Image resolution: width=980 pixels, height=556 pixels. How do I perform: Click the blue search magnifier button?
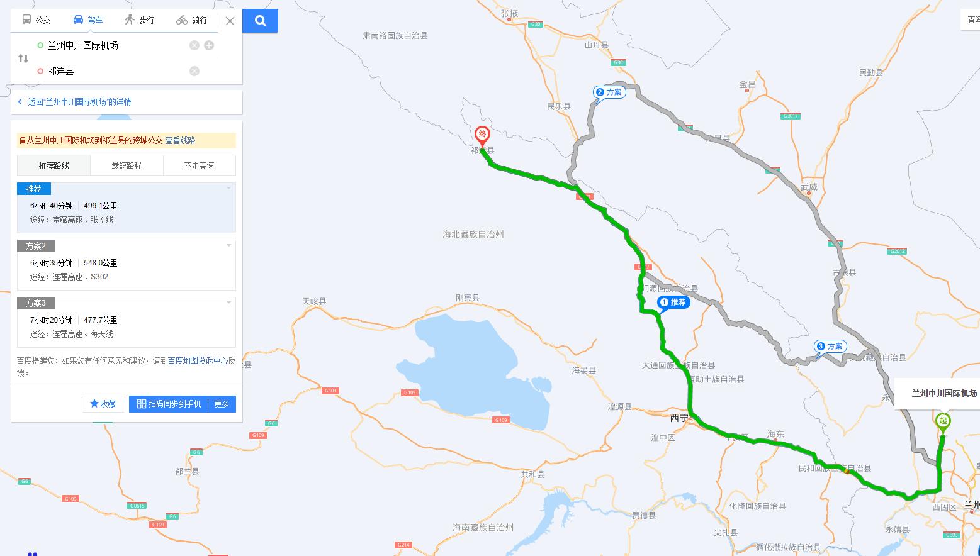tap(260, 21)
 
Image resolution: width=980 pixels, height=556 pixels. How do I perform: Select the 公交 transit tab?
tap(36, 20)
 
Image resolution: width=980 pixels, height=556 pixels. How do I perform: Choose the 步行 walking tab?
tap(139, 20)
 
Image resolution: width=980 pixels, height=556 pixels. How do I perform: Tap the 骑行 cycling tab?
tap(191, 20)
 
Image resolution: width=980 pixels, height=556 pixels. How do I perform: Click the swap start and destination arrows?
tap(23, 58)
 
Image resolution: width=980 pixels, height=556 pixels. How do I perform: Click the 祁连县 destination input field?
tap(113, 71)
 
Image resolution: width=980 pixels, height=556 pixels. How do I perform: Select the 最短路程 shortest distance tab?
tap(127, 165)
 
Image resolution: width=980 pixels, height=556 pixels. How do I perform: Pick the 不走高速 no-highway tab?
tap(199, 165)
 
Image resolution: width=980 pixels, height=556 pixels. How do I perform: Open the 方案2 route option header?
tap(36, 246)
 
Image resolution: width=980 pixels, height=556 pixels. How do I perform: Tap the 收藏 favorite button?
tap(103, 404)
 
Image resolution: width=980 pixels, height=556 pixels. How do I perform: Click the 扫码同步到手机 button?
tap(169, 404)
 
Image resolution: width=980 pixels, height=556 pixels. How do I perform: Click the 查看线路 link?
tap(180, 140)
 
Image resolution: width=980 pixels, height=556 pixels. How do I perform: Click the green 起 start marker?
tap(942, 421)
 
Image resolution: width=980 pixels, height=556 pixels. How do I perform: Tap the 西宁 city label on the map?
tap(679, 418)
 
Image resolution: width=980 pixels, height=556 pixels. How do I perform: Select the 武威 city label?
tap(809, 187)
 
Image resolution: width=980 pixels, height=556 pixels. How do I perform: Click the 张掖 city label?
tap(509, 13)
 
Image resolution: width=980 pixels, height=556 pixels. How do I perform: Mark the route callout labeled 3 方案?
tap(830, 347)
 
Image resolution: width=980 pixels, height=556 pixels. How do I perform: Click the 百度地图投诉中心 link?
tap(198, 360)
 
